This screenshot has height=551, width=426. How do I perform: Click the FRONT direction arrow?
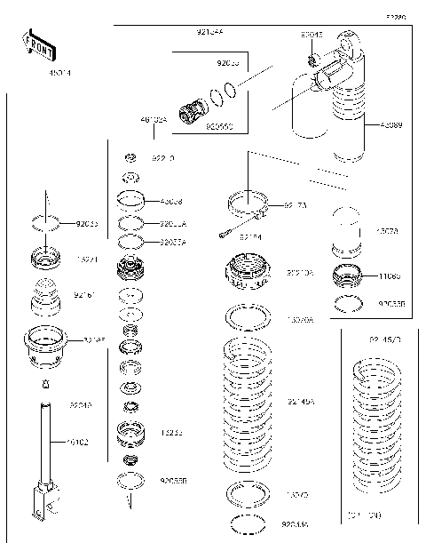pyautogui.click(x=38, y=42)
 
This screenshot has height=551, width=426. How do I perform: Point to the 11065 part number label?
pyautogui.click(x=390, y=276)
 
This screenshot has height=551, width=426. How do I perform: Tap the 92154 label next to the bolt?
pyautogui.click(x=250, y=237)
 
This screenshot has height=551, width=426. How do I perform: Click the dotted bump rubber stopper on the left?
pyautogui.click(x=45, y=298)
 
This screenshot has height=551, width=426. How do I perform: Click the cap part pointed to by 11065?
pyautogui.click(x=347, y=276)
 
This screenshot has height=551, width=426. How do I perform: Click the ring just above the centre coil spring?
pyautogui.click(x=248, y=317)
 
